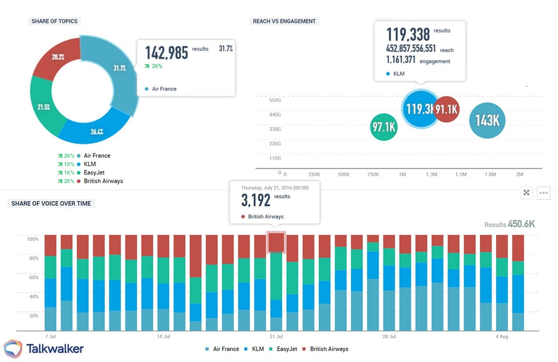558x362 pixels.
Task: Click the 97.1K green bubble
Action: pos(383,127)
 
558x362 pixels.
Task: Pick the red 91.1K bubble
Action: pos(447,109)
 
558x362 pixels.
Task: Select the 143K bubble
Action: pos(487,120)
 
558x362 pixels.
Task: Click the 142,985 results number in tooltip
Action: pos(166,52)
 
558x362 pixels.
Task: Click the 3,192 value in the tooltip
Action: pos(256,200)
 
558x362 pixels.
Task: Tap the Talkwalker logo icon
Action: pos(13,349)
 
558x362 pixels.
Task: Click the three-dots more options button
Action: pos(544,193)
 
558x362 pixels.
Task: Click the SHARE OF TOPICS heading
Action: pos(55,21)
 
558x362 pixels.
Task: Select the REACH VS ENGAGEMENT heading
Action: pos(284,21)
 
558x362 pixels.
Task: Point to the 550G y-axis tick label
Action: pos(275,100)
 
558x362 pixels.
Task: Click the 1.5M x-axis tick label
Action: pos(461,174)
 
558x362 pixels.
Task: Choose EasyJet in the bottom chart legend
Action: pos(286,349)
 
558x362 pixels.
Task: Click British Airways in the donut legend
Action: pos(103,181)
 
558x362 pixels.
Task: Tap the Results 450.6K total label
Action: pos(509,224)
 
